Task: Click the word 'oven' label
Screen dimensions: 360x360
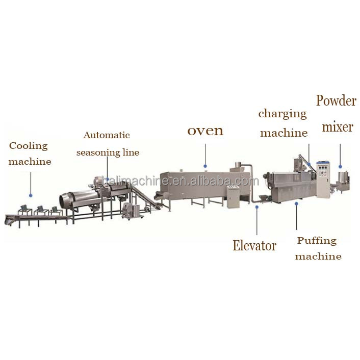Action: (x=205, y=131)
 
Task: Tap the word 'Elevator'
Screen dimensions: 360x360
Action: (x=254, y=245)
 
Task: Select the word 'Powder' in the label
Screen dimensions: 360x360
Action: (x=336, y=101)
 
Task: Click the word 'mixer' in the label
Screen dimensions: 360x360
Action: (x=337, y=127)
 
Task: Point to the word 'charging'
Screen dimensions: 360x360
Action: (x=282, y=114)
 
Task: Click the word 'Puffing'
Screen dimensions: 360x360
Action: (x=317, y=241)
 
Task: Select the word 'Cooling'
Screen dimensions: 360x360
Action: (x=28, y=146)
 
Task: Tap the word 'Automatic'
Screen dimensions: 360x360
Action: (x=107, y=135)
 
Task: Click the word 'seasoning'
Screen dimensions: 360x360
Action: (x=98, y=153)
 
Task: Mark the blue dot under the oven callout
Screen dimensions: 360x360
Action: (x=205, y=166)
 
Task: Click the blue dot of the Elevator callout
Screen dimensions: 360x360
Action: (x=257, y=207)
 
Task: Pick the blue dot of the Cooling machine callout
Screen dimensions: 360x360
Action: (x=31, y=195)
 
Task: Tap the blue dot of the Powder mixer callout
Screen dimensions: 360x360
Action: (x=340, y=167)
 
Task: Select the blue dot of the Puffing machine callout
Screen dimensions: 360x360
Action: (x=296, y=203)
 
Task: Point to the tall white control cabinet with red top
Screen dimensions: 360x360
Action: (x=324, y=179)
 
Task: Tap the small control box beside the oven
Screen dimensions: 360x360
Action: (x=233, y=197)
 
